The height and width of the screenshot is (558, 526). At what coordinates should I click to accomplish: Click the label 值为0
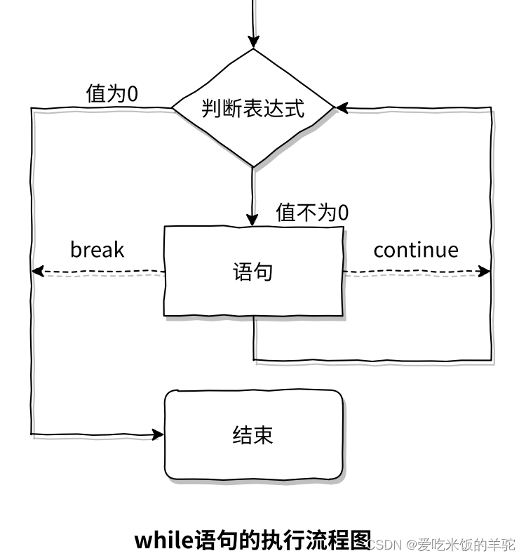click(x=112, y=95)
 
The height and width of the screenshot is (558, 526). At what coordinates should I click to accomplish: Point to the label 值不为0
click(x=312, y=213)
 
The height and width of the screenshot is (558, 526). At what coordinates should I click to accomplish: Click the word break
click(x=97, y=250)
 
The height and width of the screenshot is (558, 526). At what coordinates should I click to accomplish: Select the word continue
click(x=416, y=250)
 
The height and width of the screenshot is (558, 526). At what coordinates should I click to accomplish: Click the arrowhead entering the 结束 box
click(x=158, y=435)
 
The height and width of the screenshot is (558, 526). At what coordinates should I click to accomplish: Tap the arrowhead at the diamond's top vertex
click(x=253, y=42)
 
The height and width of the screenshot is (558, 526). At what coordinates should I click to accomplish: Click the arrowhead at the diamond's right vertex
click(x=342, y=108)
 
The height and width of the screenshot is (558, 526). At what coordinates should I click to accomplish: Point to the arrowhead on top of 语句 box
click(x=253, y=219)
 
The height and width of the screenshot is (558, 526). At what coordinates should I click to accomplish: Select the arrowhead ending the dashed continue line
click(x=485, y=272)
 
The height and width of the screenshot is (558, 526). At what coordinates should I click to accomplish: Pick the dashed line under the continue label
click(x=414, y=272)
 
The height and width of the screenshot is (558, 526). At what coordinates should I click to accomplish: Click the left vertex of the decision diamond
click(x=174, y=108)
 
